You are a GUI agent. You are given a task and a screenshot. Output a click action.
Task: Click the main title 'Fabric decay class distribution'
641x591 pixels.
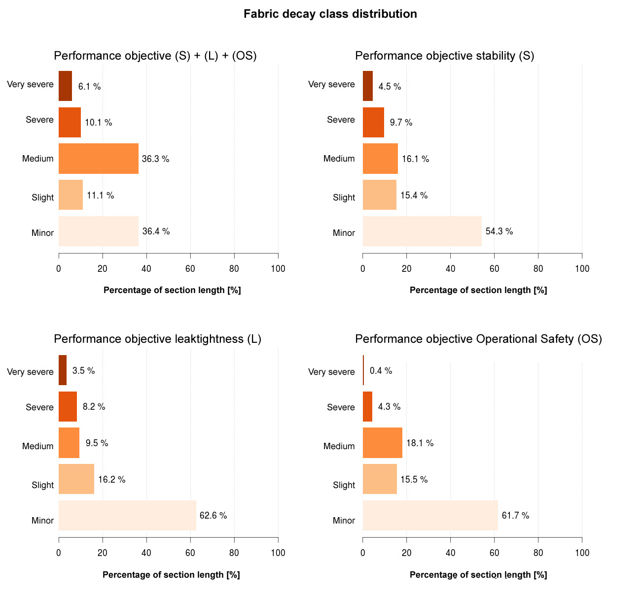click(x=330, y=14)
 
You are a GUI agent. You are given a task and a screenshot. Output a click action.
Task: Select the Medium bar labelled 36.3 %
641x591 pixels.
click(x=99, y=159)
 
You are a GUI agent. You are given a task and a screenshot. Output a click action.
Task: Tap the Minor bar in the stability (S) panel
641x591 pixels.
click(x=422, y=231)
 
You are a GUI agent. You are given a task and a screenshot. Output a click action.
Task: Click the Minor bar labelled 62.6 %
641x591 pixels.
click(x=127, y=515)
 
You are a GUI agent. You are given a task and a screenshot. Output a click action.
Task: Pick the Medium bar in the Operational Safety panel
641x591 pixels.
click(x=383, y=443)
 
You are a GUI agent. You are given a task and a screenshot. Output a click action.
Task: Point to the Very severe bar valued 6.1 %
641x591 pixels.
click(x=66, y=86)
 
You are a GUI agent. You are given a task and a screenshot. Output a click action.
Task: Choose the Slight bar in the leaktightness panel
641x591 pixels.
click(x=76, y=479)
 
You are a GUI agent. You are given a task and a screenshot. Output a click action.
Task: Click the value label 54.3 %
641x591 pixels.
click(x=499, y=231)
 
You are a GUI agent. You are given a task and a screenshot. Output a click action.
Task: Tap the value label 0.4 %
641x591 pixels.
click(x=381, y=371)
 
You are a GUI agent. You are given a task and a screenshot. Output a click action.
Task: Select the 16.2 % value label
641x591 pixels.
click(x=112, y=479)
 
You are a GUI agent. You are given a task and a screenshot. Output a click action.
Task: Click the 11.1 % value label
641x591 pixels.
click(x=101, y=196)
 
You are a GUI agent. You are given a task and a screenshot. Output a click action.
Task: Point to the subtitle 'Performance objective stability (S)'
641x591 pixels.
click(x=445, y=56)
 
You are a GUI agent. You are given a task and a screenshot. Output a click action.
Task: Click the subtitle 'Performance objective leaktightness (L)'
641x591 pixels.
click(x=157, y=339)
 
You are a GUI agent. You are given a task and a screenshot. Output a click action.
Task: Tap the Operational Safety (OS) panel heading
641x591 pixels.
click(x=478, y=339)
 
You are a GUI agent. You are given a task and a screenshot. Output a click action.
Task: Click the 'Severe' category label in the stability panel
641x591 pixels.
click(x=341, y=120)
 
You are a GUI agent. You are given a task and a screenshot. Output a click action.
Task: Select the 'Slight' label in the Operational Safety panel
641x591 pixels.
click(x=344, y=485)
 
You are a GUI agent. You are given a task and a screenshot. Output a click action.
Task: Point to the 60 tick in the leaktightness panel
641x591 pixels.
click(x=190, y=553)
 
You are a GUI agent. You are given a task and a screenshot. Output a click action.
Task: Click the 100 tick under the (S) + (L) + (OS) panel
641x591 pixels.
click(x=278, y=268)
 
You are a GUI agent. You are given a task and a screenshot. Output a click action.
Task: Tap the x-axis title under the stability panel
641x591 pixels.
click(x=478, y=290)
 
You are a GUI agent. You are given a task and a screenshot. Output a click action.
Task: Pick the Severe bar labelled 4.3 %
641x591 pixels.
click(x=367, y=407)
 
